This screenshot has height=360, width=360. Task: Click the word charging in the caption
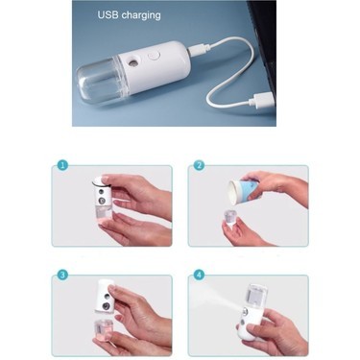pyautogui.click(x=141, y=15)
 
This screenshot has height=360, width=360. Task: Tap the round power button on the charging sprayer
pyautogui.click(x=154, y=57)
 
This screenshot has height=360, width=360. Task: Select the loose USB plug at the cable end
pyautogui.click(x=261, y=100)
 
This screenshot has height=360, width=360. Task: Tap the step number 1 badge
pyautogui.click(x=62, y=165)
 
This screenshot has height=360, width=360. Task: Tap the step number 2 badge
pyautogui.click(x=199, y=165)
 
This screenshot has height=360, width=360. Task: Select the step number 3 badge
pyautogui.click(x=62, y=275)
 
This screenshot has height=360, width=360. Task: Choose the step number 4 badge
pyautogui.click(x=199, y=275)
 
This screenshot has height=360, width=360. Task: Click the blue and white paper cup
pyautogui.click(x=244, y=191)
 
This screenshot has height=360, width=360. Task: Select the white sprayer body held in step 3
pyautogui.click(x=106, y=296)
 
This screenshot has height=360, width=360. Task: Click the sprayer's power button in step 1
pyautogui.click(x=102, y=201)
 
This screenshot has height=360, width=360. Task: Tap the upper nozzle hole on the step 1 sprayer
pyautogui.click(x=102, y=192)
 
